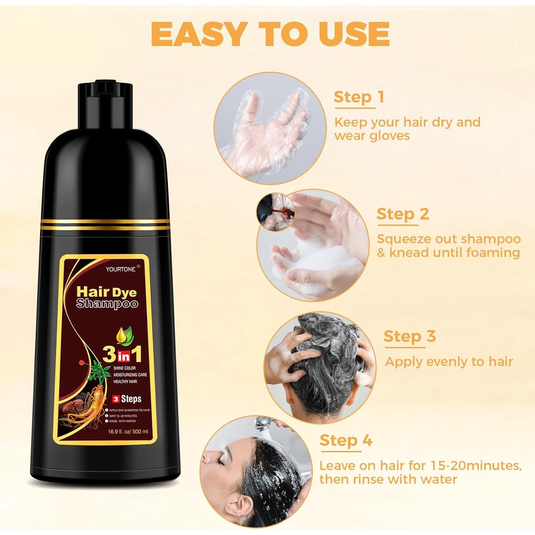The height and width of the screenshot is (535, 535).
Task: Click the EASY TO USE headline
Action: [x=270, y=35]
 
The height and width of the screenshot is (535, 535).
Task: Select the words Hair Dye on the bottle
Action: [x=107, y=291]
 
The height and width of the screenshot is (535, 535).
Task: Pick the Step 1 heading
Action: [x=358, y=97]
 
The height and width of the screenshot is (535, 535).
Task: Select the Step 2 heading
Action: [x=402, y=214]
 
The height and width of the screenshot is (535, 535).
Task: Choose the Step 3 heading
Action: [x=409, y=336]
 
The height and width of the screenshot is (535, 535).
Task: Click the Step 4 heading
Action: [x=345, y=440]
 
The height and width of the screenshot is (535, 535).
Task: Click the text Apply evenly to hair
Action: [x=449, y=361]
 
